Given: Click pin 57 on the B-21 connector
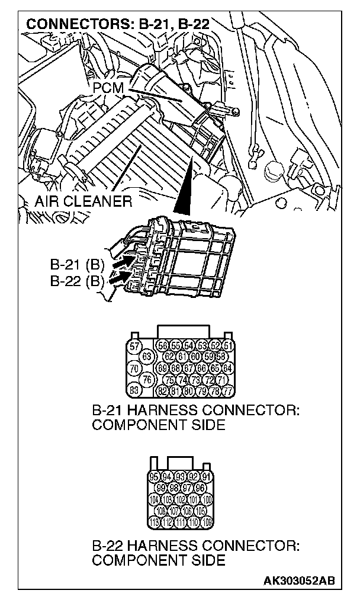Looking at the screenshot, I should tap(134, 346).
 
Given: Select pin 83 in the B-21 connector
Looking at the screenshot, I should tap(134, 390).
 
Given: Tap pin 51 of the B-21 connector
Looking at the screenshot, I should tap(227, 346).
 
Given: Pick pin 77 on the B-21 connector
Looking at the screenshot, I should tap(227, 390).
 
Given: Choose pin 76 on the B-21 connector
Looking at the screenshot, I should tap(148, 379).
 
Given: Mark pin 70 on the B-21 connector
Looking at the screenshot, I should tap(134, 368).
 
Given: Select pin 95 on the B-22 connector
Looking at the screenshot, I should tap(155, 476).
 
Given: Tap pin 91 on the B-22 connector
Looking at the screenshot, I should tap(206, 476).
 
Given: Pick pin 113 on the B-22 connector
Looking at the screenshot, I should tap(155, 521).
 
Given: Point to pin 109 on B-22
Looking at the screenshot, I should tap(206, 521).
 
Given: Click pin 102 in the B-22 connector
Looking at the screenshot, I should tap(181, 499).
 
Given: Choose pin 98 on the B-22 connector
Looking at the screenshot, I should tap(174, 487).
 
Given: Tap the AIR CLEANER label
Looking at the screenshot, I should tap(83, 201).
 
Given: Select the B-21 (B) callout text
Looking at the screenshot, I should tap(76, 263).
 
